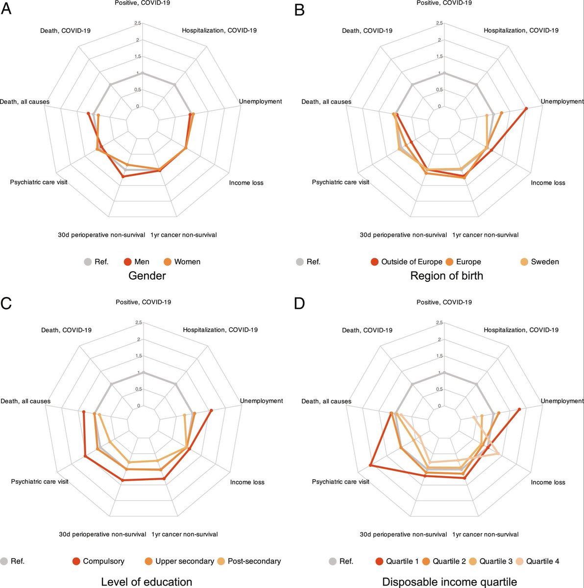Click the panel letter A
[6, 9]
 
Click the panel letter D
[299, 303]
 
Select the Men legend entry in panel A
[136, 262]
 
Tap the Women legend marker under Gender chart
[168, 262]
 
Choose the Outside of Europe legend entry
[407, 262]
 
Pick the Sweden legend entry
[540, 262]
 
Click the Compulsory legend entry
[98, 561]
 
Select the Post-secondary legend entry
[249, 561]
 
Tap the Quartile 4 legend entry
[537, 561]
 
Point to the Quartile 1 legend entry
[397, 561]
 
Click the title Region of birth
[447, 275]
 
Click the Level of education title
[146, 582]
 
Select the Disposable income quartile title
[449, 582]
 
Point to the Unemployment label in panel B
[562, 101]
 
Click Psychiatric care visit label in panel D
[341, 482]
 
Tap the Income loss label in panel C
[247, 482]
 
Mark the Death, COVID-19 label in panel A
[65, 30]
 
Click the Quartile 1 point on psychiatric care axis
[370, 465]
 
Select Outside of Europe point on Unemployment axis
[526, 108]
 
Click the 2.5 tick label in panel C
[139, 322]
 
